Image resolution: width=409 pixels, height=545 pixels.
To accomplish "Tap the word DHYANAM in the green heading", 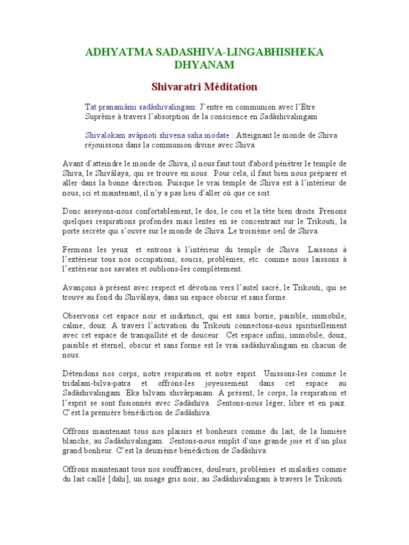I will pyautogui.click(x=204, y=65).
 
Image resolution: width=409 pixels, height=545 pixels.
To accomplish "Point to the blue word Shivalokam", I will pyautogui.click(x=104, y=135).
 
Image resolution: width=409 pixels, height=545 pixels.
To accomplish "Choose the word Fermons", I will pyautogui.click(x=78, y=250).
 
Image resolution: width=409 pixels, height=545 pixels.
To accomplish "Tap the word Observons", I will pyautogui.click(x=83, y=316).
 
